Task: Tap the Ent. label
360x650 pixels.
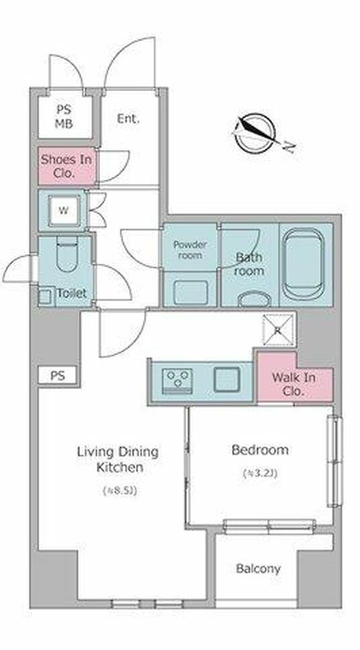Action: tap(128, 119)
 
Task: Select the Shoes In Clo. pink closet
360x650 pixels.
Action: tap(66, 166)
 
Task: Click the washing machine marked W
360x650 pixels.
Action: tap(64, 210)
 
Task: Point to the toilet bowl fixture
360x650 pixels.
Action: tap(66, 255)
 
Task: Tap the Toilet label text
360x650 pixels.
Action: tap(72, 293)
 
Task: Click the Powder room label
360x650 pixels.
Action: tap(190, 250)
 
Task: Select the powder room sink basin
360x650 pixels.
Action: tap(191, 292)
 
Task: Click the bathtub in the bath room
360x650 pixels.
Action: tap(305, 264)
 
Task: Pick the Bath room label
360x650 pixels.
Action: tap(249, 264)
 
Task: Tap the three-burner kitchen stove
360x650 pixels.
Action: tap(177, 381)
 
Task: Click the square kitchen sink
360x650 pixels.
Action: tap(227, 379)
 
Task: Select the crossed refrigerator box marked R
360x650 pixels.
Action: tap(279, 330)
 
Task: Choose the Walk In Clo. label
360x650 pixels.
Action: tap(294, 384)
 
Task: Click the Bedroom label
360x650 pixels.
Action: tap(260, 450)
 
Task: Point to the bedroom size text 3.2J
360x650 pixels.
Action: tap(260, 473)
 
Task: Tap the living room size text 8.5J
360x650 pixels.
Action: tap(120, 491)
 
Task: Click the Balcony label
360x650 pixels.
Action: tap(258, 569)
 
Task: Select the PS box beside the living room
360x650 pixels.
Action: tap(58, 375)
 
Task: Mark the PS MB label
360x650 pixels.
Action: tap(64, 116)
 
